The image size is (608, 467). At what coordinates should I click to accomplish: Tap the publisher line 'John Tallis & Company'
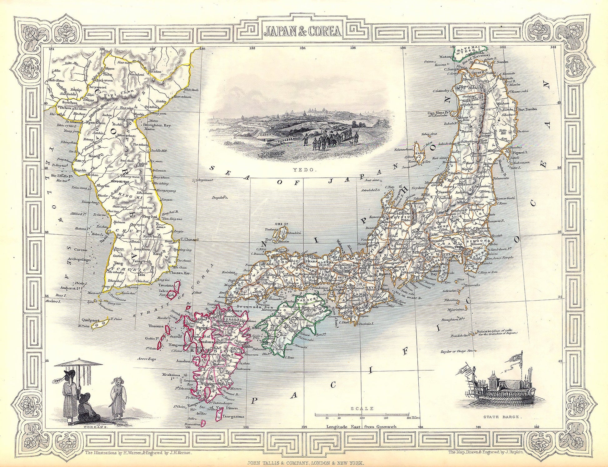tap(304, 464)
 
